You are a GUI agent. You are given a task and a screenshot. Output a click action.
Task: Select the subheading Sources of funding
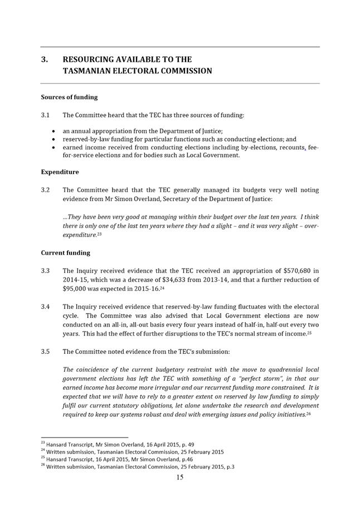coord(69,97)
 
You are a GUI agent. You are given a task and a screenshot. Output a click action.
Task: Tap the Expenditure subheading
coord(60,172)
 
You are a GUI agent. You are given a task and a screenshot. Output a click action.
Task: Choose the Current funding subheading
coord(65,252)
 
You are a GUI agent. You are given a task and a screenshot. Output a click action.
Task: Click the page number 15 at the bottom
coord(180,477)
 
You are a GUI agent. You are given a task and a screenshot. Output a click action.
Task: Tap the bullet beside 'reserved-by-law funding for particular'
coord(52,139)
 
